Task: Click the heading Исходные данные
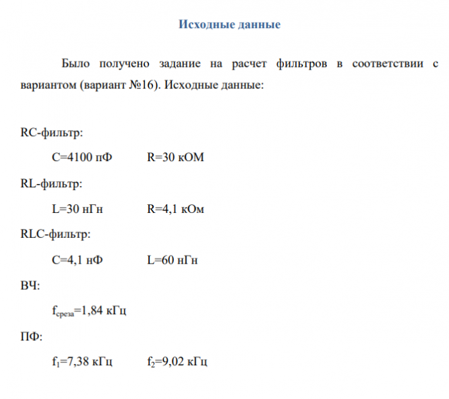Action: coord(229,25)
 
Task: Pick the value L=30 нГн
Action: coord(78,209)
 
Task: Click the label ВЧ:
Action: coord(30,286)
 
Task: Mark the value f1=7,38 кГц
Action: coord(82,362)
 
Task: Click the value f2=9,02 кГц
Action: coord(177,362)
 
